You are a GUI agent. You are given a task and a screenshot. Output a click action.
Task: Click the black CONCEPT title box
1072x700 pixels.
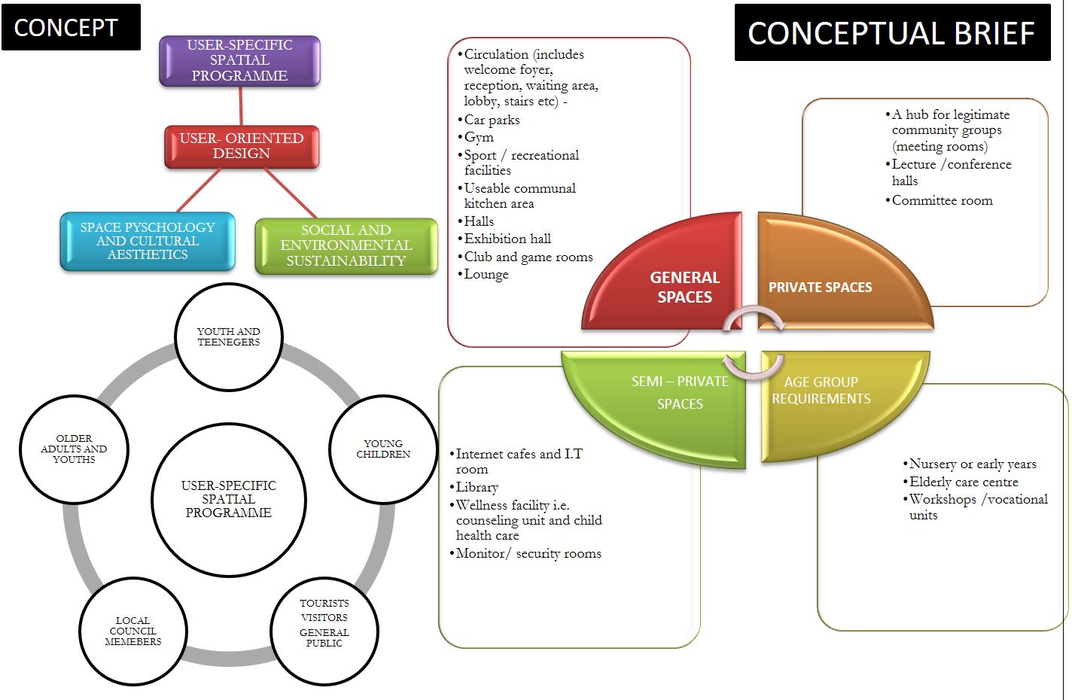click(71, 27)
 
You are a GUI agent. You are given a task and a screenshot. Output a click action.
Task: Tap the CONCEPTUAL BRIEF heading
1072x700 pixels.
click(891, 33)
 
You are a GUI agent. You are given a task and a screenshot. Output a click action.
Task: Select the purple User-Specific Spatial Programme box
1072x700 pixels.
click(239, 60)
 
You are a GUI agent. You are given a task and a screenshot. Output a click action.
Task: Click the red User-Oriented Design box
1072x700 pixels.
click(242, 146)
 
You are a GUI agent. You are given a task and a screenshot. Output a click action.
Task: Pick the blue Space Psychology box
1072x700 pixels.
click(148, 241)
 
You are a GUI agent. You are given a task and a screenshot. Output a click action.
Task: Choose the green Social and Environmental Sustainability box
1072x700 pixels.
click(346, 245)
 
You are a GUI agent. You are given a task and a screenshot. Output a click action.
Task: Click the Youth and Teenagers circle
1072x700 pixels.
click(228, 336)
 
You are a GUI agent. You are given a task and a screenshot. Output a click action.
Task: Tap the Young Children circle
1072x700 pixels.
click(383, 449)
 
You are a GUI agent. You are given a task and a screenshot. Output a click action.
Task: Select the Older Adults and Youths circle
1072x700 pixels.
click(74, 449)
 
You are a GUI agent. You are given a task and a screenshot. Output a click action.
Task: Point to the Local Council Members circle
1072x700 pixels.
click(133, 632)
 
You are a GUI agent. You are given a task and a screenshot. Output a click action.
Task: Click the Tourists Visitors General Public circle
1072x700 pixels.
click(324, 623)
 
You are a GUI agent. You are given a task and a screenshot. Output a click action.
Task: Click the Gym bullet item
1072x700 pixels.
click(479, 137)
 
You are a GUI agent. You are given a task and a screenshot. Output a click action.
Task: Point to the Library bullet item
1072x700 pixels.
click(477, 487)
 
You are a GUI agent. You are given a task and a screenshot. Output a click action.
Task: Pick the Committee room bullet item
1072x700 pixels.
click(942, 200)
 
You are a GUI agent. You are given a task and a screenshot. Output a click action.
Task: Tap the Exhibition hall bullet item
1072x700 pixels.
click(507, 239)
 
